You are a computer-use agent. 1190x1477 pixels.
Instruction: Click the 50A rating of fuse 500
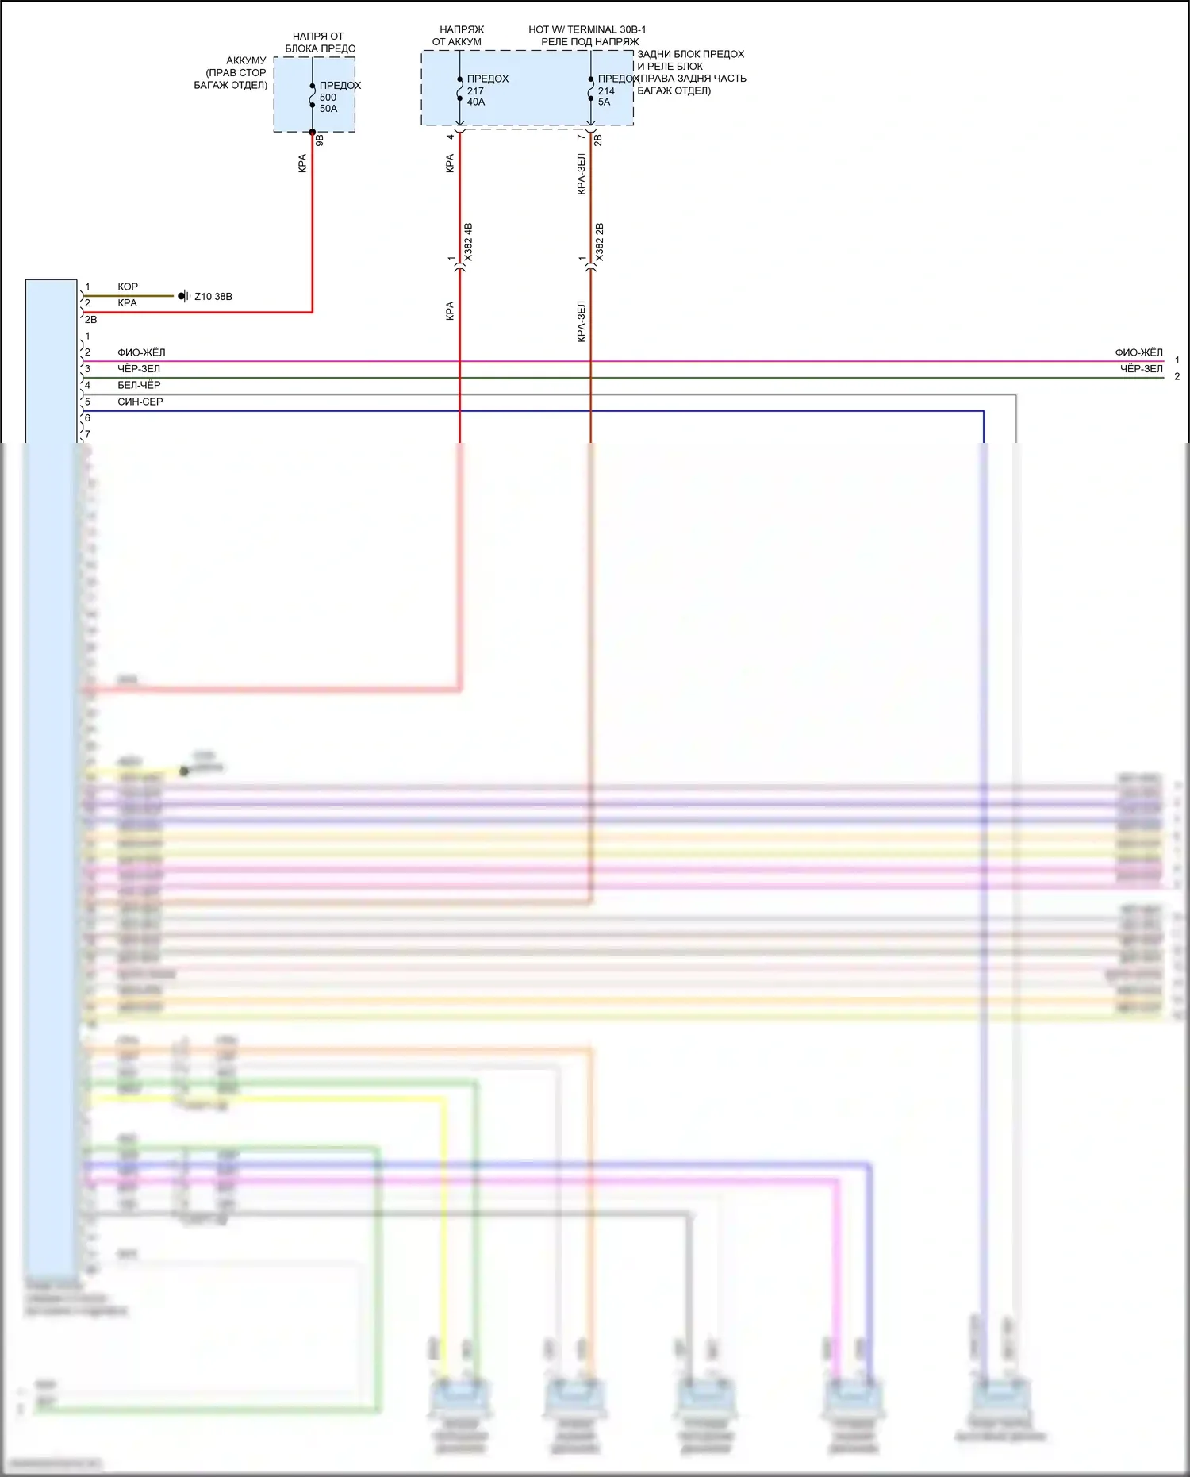(328, 109)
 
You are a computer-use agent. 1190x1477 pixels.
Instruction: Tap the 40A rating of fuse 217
(476, 102)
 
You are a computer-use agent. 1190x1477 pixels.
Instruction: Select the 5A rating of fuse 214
(605, 102)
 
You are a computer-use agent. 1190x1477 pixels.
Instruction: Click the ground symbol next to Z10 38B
(183, 296)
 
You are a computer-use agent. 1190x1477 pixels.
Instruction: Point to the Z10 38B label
(213, 297)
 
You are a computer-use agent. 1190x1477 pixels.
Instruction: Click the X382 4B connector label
(468, 242)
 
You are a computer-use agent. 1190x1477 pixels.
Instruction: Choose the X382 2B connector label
(600, 242)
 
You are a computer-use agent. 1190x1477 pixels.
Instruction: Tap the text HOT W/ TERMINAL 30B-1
(587, 29)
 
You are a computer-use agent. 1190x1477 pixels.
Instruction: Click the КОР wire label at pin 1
(128, 287)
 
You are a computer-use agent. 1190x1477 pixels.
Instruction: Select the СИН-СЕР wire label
(140, 402)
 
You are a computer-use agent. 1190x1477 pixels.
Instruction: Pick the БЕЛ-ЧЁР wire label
(139, 385)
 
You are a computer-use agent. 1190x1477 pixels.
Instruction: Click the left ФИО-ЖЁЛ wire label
(141, 352)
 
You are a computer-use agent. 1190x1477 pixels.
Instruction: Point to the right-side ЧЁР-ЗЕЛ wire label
(1141, 369)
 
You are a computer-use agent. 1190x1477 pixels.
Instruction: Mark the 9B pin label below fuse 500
(320, 140)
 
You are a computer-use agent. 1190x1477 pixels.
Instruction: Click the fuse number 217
(475, 90)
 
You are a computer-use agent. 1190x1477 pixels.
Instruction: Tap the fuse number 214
(606, 90)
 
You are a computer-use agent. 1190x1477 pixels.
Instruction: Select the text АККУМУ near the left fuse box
(246, 60)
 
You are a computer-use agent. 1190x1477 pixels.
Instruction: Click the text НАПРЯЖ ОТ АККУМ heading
(459, 36)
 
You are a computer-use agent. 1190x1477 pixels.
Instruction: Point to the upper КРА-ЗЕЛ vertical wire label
(582, 174)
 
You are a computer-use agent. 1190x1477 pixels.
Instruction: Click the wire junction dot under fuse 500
(313, 133)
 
